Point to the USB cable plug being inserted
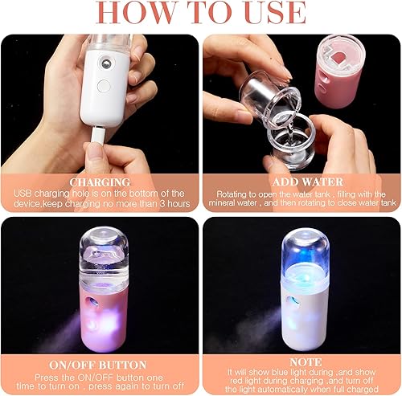[x=94, y=151]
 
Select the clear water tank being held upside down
[x=269, y=88]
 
